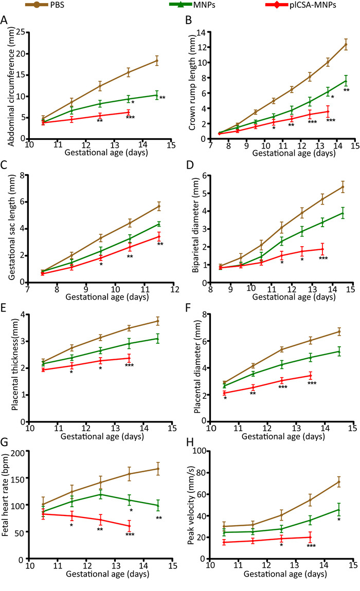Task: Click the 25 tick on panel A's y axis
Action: click(24, 32)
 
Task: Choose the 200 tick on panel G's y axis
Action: click(21, 452)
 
